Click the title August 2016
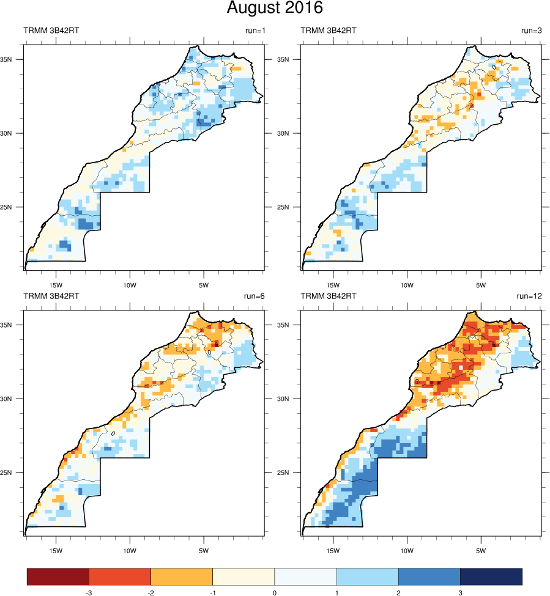point(275,9)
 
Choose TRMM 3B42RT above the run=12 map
point(329,296)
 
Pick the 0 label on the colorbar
point(275,592)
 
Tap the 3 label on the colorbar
point(460,592)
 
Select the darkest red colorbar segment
point(58,576)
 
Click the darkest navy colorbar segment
point(491,576)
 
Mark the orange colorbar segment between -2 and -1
point(182,576)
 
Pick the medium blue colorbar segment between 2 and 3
point(429,576)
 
